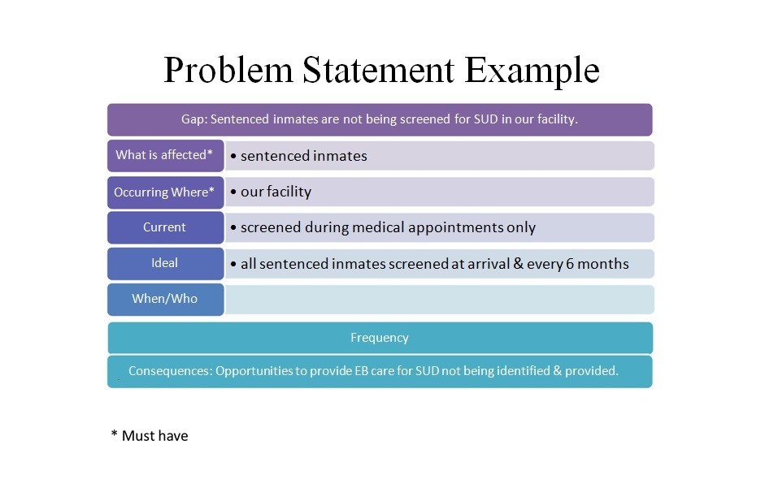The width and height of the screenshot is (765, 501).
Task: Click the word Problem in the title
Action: tap(228, 71)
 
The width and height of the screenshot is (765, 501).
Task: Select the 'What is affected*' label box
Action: tap(165, 155)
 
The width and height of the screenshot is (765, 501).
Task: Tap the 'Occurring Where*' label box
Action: tap(165, 192)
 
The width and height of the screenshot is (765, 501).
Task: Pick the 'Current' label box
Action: tap(165, 227)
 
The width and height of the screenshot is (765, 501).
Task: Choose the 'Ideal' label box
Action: tap(165, 263)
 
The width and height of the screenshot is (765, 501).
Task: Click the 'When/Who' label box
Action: tap(165, 299)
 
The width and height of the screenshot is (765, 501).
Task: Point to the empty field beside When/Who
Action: tap(439, 299)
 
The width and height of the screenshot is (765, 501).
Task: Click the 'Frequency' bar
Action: tap(380, 338)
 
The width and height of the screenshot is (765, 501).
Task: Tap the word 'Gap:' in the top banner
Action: tap(193, 119)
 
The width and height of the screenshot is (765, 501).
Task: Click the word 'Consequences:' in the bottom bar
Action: tap(170, 371)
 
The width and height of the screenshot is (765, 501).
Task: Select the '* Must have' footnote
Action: tap(150, 436)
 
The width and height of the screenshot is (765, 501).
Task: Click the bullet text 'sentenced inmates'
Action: tap(303, 156)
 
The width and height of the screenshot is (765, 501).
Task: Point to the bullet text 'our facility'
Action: tap(276, 192)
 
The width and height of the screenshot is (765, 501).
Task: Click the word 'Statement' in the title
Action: tap(377, 71)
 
